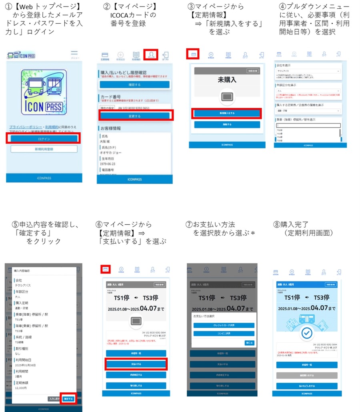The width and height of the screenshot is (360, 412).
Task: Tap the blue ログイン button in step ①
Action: click(x=44, y=139)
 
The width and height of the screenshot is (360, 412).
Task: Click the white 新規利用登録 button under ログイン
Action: click(x=44, y=149)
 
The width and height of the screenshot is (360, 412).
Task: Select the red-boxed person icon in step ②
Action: click(x=151, y=55)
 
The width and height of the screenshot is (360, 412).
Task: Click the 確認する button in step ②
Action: click(x=135, y=84)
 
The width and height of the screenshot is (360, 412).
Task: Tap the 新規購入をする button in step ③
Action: click(x=227, y=114)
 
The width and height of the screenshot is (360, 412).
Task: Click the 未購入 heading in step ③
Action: click(x=227, y=80)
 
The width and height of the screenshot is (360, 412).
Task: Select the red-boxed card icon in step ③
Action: click(x=193, y=54)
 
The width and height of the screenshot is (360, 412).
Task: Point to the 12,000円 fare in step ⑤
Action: click(x=21, y=388)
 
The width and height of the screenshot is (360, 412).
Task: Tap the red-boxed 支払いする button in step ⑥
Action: click(x=136, y=364)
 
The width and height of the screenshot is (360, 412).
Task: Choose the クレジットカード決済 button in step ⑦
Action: click(x=224, y=325)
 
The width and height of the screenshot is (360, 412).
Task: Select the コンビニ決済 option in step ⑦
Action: click(x=224, y=333)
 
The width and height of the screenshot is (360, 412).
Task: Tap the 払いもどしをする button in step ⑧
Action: click(x=307, y=386)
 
